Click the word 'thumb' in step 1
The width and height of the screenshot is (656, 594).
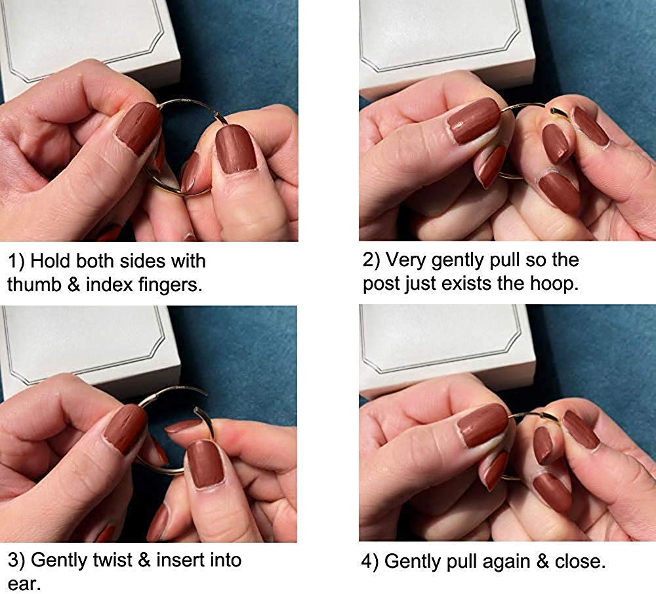[x=34, y=285]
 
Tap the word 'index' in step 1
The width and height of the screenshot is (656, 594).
[x=109, y=285]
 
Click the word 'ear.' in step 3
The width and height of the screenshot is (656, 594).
[x=24, y=584]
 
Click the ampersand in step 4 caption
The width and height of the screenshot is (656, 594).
[x=543, y=561]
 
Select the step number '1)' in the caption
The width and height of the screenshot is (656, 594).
[x=16, y=262]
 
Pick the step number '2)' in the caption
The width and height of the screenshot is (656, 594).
[x=371, y=260]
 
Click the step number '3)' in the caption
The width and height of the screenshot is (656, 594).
[x=16, y=561]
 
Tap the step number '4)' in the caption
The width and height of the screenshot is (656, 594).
[x=370, y=561]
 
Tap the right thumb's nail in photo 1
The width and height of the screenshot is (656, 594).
[x=235, y=148]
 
